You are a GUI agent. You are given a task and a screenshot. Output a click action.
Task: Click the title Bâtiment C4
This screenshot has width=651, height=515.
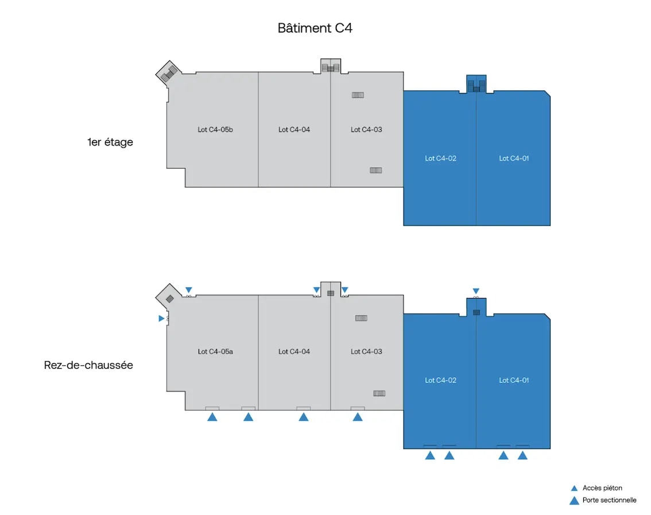click(315, 28)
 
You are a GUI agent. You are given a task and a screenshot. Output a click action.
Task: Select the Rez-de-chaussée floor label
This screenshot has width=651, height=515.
click(88, 365)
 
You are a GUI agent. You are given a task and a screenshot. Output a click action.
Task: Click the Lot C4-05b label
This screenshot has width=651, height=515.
click(215, 130)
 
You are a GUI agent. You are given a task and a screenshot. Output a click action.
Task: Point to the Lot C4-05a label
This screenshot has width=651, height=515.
click(215, 352)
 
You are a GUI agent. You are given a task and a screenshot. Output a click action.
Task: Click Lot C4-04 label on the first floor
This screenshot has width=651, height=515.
click(294, 130)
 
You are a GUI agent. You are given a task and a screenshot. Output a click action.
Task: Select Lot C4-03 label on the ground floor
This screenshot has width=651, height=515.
click(366, 352)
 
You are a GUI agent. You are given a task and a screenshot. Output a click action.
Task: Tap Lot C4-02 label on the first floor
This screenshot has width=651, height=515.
click(440, 158)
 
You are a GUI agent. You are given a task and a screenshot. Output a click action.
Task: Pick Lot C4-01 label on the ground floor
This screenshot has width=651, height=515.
click(514, 381)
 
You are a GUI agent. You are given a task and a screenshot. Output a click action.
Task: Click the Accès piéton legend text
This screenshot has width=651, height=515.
click(602, 488)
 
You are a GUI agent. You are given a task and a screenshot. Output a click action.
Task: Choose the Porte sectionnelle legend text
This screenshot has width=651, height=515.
click(609, 500)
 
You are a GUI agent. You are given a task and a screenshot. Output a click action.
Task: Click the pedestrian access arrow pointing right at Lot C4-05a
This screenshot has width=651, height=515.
click(161, 318)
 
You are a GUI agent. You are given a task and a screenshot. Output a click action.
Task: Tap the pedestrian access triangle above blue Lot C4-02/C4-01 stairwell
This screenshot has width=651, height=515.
click(476, 291)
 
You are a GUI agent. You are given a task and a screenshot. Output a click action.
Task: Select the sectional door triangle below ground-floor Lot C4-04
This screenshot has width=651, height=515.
click(303, 417)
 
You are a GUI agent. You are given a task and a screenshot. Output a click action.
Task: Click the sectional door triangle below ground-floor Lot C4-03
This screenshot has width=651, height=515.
click(357, 417)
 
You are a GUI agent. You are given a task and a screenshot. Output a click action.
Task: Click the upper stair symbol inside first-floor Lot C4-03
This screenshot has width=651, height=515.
click(358, 95)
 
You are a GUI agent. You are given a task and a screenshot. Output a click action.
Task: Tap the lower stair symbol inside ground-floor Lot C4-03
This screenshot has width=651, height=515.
click(379, 393)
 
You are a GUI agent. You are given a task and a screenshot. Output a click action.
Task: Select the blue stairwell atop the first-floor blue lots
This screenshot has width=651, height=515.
click(476, 84)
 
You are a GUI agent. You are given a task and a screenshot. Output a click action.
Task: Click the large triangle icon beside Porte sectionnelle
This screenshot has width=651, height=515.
click(573, 500)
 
